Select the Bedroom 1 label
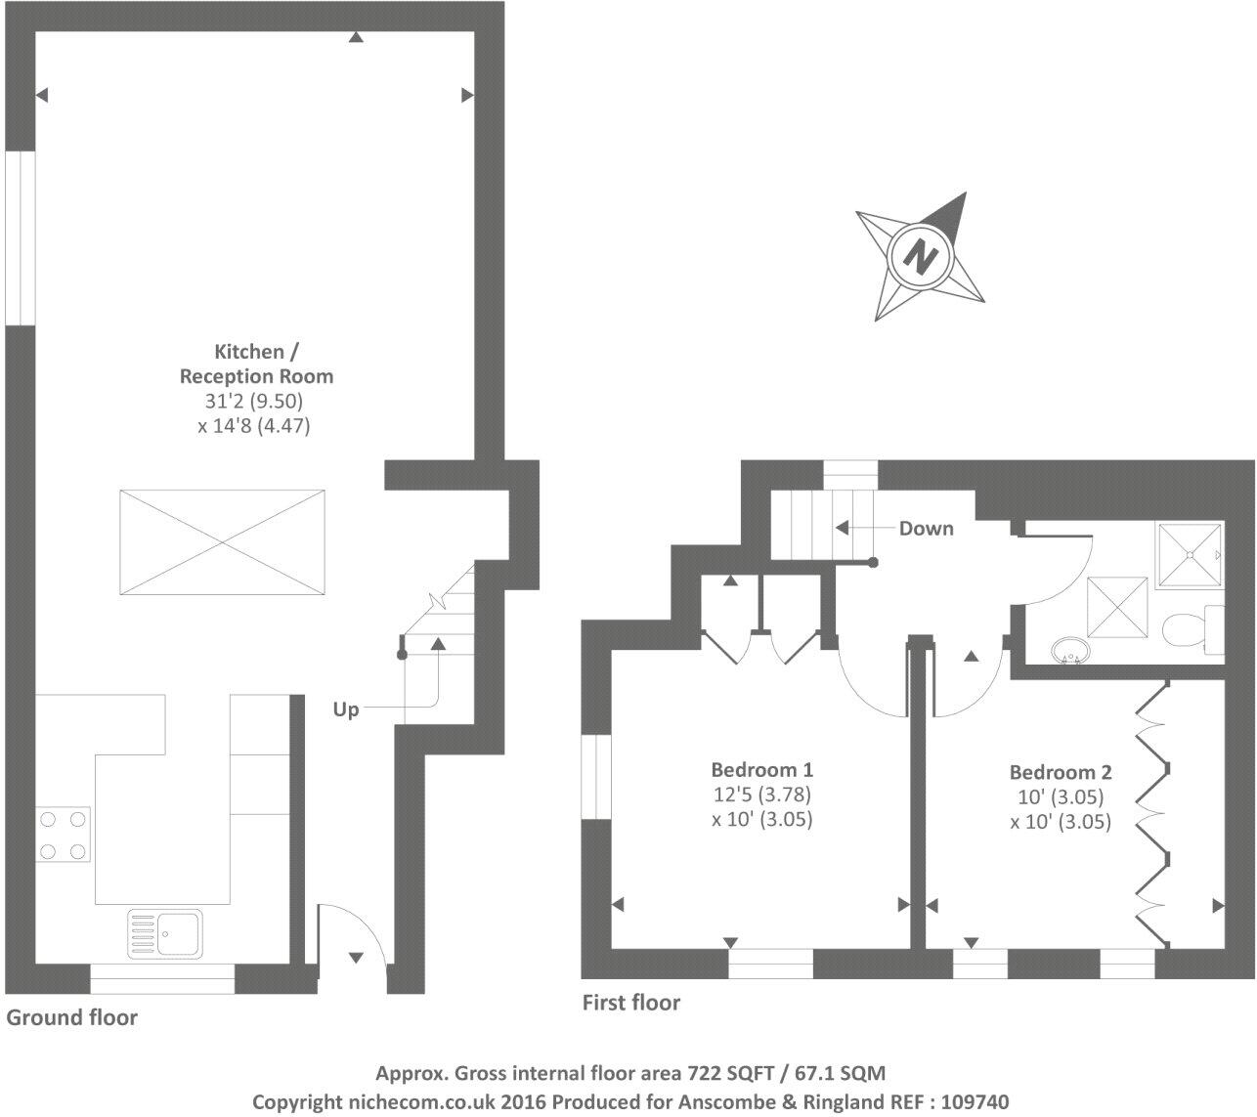tap(761, 770)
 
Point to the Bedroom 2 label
tap(1061, 772)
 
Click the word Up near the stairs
tap(346, 709)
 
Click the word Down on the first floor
tap(926, 529)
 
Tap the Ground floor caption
tap(72, 1017)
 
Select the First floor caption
tap(631, 1002)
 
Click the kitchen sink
tap(164, 932)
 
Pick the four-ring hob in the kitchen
tap(63, 835)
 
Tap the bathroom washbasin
tap(1067, 649)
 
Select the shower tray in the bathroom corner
tap(1190, 555)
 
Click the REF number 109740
tap(972, 1101)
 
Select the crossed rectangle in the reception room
tap(223, 542)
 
